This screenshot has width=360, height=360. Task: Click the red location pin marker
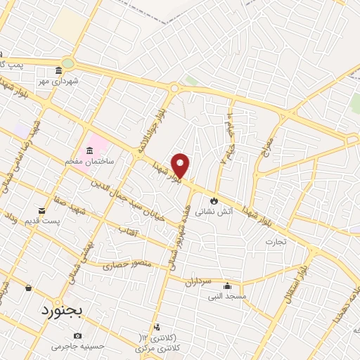[180, 165]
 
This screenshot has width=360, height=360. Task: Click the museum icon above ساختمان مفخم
[90, 150]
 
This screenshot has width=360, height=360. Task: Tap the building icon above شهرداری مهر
[59, 70]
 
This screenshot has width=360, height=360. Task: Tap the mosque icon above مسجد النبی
[227, 285]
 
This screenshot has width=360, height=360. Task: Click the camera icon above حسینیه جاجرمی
[77, 336]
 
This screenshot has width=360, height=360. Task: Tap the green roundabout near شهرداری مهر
[67, 63]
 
